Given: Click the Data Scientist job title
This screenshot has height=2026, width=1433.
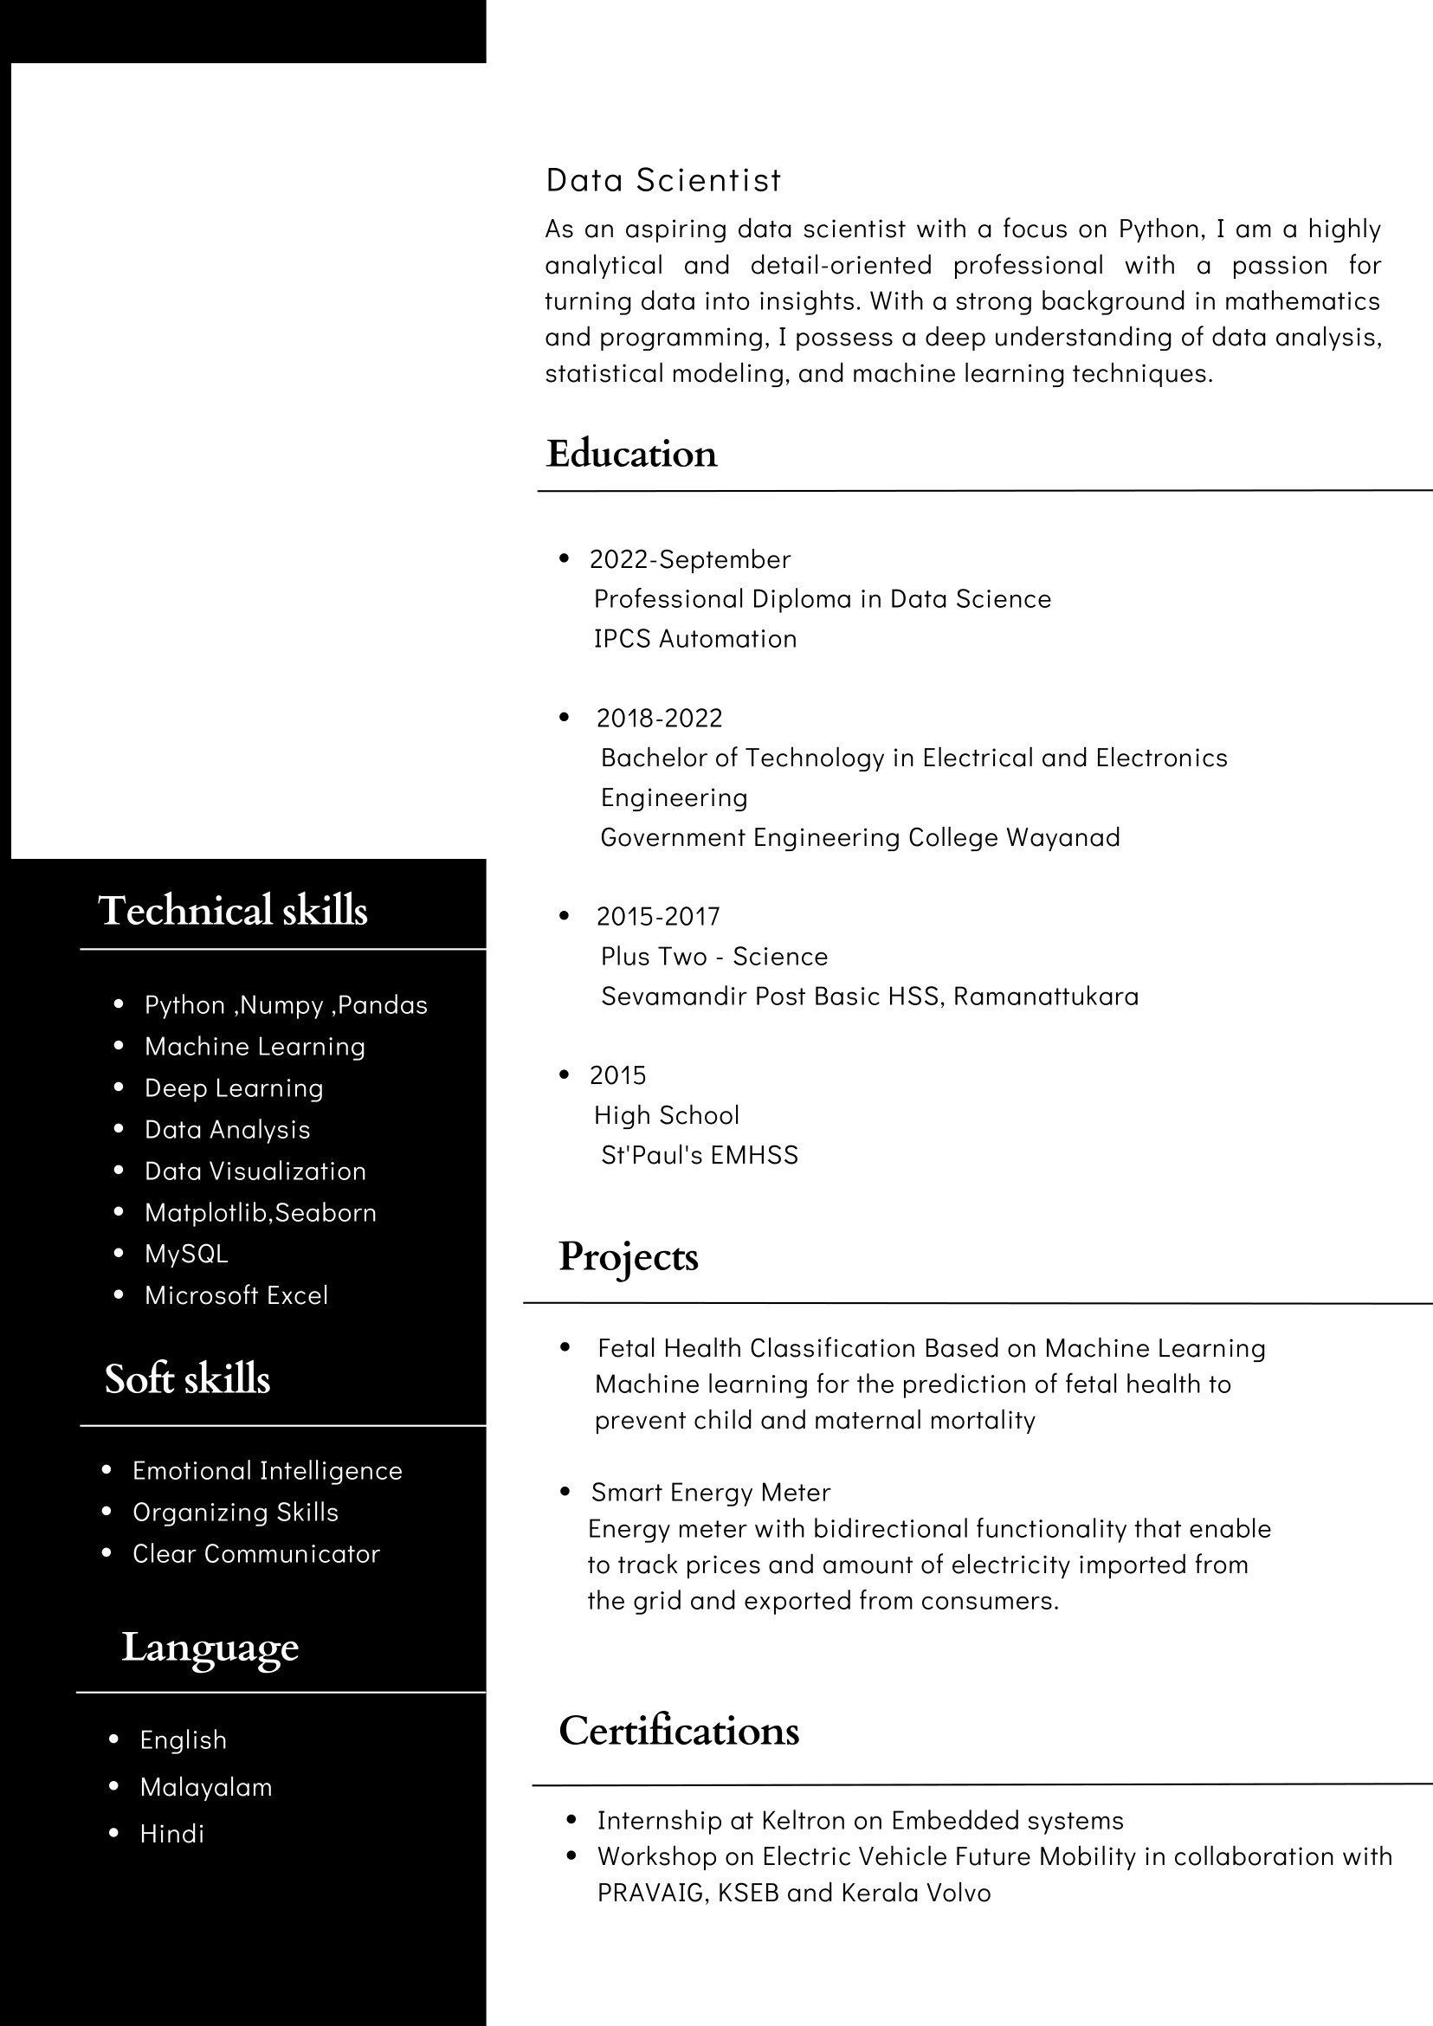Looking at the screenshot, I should click(x=663, y=180).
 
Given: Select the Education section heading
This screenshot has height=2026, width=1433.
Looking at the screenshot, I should click(x=631, y=454).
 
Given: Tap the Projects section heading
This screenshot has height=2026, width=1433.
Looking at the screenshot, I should click(x=629, y=1256).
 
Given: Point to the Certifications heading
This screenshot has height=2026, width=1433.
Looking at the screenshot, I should click(x=679, y=1731).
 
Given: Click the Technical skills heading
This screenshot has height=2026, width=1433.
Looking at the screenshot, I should click(x=233, y=910).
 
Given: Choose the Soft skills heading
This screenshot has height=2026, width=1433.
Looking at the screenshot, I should click(x=187, y=1378).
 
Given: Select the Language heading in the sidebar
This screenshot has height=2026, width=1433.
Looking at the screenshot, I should click(x=210, y=1647).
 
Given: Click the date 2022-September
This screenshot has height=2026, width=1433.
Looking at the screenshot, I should click(x=690, y=559).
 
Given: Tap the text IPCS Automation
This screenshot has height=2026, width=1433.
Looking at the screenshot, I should click(x=695, y=639).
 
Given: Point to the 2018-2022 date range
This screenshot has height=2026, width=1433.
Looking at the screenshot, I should click(x=659, y=719).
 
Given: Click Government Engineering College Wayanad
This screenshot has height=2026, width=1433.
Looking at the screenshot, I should click(x=861, y=837).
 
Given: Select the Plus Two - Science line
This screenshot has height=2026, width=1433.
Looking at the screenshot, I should click(x=713, y=957).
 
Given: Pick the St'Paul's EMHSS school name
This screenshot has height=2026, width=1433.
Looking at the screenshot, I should click(x=699, y=1155).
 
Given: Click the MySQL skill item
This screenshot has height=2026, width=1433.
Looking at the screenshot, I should click(x=186, y=1254).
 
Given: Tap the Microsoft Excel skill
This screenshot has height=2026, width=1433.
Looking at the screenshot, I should click(x=236, y=1295).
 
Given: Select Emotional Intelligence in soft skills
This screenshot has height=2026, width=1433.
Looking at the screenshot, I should click(x=268, y=1471).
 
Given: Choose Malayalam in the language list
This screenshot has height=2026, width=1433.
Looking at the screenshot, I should click(x=206, y=1787).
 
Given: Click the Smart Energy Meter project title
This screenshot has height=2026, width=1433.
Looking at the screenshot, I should click(x=710, y=1492).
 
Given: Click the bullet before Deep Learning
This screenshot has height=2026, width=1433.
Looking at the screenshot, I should click(x=119, y=1087).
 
